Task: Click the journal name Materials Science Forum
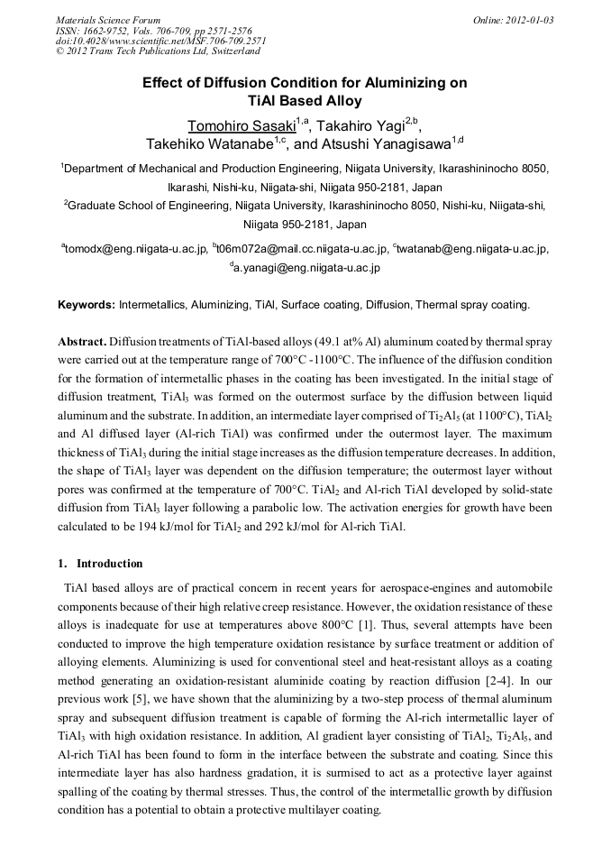click(x=108, y=20)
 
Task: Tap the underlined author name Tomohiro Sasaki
click(x=235, y=124)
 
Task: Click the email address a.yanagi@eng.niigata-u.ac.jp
click(x=307, y=268)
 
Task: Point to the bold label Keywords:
click(x=87, y=305)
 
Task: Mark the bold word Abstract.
click(x=82, y=344)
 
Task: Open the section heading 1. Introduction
click(x=100, y=564)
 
